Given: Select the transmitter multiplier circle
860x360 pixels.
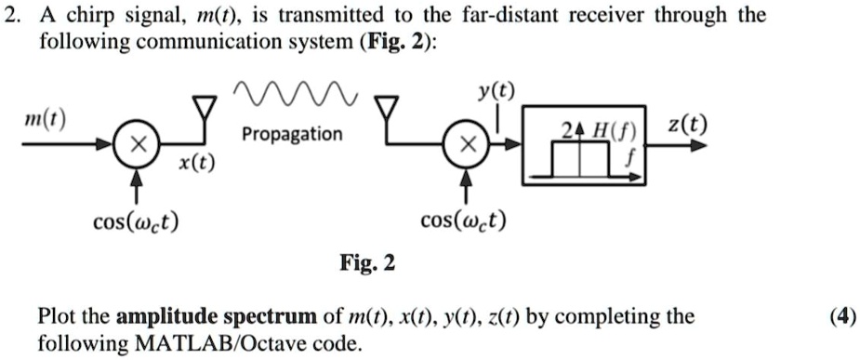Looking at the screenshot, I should [137, 148].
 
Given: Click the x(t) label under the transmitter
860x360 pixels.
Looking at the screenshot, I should [195, 163].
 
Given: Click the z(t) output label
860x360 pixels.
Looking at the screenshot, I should [685, 126].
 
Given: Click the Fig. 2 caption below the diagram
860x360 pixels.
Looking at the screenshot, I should [368, 264].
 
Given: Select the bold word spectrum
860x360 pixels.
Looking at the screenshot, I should [258, 316].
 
